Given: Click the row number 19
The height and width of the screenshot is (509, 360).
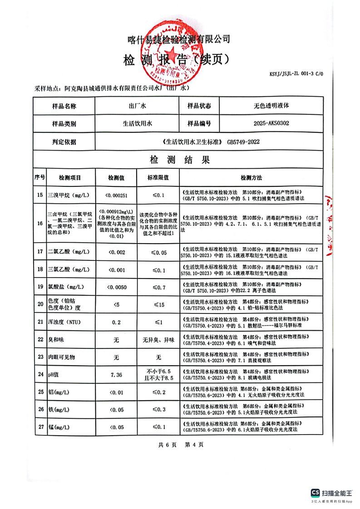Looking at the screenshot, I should click(39, 287).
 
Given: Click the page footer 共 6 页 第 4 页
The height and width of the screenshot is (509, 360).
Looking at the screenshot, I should click(181, 445).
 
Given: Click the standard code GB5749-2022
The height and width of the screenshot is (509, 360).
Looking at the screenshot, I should click(243, 142).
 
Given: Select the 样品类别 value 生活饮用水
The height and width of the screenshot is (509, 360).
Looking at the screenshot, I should click(139, 123).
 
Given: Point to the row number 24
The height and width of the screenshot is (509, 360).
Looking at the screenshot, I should click(39, 374).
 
